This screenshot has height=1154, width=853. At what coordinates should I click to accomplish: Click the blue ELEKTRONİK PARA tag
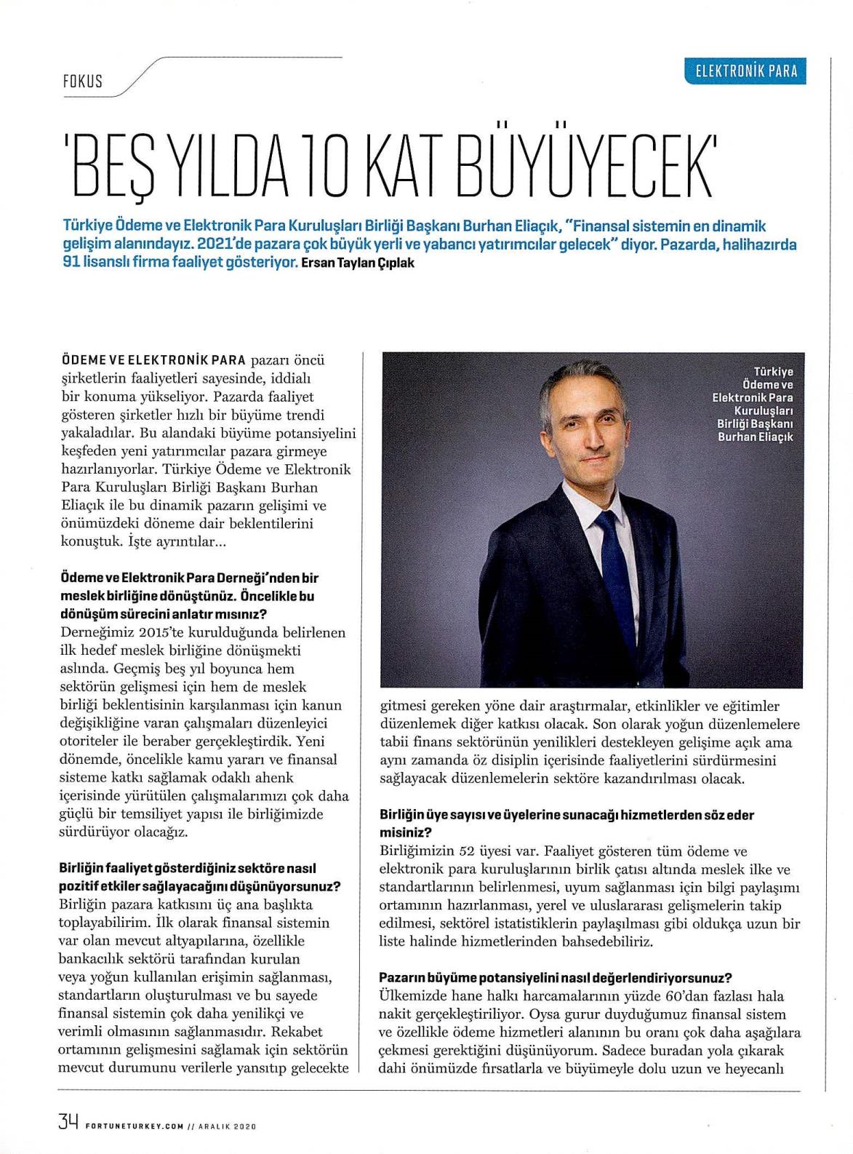point(745,71)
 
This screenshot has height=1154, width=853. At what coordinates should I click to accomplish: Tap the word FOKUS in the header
point(82,81)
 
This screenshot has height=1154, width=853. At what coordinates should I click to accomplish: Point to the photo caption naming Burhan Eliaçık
point(753,405)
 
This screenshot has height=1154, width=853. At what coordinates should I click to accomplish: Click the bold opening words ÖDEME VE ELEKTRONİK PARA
point(153,361)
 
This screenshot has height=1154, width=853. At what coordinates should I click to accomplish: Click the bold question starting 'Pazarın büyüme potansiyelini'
point(555,978)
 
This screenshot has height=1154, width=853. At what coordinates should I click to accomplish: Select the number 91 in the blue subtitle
point(71,263)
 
